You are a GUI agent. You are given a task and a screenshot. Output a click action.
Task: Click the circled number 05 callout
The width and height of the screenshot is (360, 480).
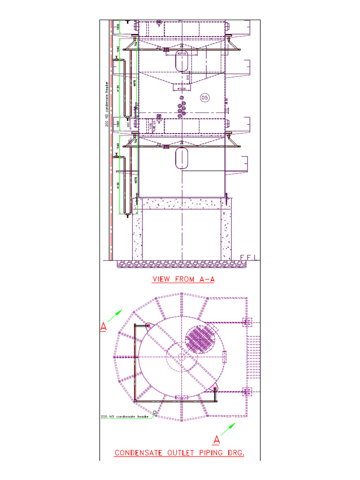pos(204,97)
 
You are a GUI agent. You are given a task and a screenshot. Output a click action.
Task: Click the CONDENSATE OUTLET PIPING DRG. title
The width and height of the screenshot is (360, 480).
pos(180,453)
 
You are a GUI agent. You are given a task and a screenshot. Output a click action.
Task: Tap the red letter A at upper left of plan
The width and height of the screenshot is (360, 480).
pos(104,327)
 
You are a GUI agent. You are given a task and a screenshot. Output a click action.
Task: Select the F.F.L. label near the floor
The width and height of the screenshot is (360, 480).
pos(248,258)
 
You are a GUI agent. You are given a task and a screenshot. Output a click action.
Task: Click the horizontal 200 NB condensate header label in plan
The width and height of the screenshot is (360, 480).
pos(124,416)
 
